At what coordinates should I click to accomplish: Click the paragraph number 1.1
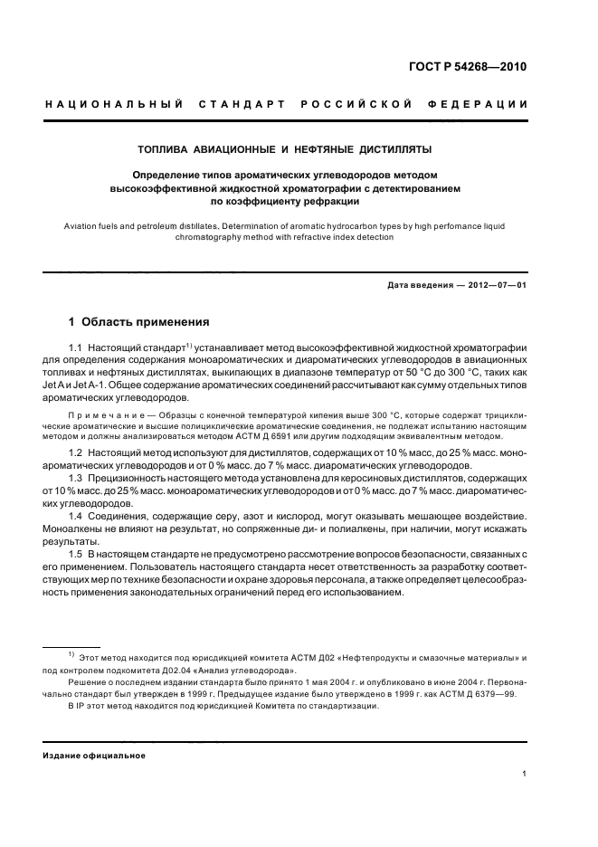pos(77,347)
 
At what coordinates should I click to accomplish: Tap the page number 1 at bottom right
pos(525,775)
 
